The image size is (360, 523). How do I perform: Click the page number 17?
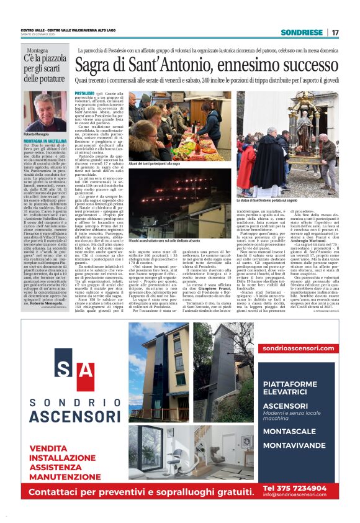pos(335,32)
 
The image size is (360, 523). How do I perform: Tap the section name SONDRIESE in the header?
pos(302,32)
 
